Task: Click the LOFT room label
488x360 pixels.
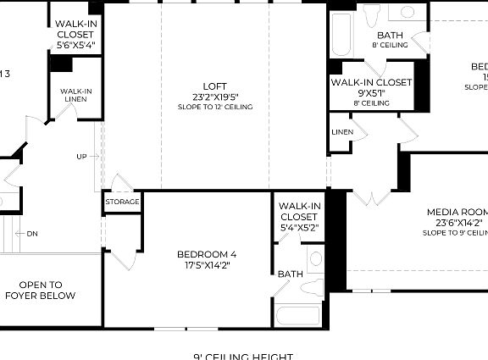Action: tap(215, 86)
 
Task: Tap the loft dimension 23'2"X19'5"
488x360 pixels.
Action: tap(215, 97)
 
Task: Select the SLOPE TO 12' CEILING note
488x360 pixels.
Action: tap(215, 107)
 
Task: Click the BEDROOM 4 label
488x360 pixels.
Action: tap(207, 254)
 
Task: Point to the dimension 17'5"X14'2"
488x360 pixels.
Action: tap(207, 265)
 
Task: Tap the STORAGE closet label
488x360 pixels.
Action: tap(122, 202)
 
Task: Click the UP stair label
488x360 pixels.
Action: tap(81, 157)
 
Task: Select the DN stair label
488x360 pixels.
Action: tap(32, 234)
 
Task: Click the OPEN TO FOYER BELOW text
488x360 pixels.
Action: tap(40, 291)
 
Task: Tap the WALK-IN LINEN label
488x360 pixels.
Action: tap(75, 95)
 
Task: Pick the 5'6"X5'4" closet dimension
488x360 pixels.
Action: tap(76, 45)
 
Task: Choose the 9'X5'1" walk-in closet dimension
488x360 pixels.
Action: tap(371, 93)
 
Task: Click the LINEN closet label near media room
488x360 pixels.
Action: tap(342, 132)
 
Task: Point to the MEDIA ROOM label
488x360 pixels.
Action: tap(457, 212)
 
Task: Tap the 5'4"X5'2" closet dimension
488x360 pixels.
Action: tap(300, 227)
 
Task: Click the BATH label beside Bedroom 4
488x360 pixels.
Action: tap(290, 274)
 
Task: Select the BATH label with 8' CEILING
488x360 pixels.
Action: tap(391, 36)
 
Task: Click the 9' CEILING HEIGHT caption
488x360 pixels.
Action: tap(243, 356)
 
